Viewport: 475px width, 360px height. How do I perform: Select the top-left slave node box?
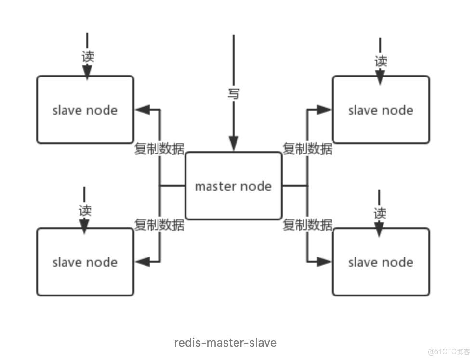[85, 110]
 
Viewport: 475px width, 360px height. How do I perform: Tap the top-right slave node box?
[381, 110]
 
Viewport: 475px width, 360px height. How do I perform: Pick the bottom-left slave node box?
[85, 262]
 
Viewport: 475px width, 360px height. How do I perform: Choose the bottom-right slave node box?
[381, 262]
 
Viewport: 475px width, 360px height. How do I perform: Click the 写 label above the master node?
[234, 92]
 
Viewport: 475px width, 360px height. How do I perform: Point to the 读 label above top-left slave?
[87, 56]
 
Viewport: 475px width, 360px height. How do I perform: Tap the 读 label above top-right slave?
[381, 61]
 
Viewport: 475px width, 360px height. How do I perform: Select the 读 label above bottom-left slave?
[85, 210]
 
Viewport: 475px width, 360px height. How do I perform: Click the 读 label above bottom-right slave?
[380, 212]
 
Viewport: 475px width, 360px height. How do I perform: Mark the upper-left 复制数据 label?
[159, 149]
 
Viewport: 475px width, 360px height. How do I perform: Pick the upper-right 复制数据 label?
[307, 149]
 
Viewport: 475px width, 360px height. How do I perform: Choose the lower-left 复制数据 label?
[159, 224]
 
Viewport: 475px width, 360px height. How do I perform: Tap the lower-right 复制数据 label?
[307, 224]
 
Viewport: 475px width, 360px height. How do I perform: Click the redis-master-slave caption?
[225, 343]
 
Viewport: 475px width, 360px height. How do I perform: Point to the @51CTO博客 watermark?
[449, 351]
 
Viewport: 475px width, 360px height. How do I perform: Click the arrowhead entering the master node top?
[234, 144]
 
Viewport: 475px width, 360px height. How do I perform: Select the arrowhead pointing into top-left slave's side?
[142, 110]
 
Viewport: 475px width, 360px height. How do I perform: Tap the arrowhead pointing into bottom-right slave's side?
[324, 262]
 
